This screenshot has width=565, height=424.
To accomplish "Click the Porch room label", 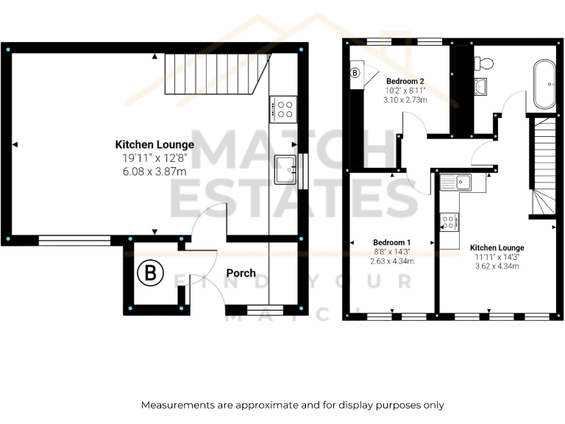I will point(241,272).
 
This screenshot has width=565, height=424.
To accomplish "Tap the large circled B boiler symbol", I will point(150,274).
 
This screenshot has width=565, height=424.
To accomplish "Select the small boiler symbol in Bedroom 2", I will point(355,73).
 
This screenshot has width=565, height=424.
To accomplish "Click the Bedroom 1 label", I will point(392,242).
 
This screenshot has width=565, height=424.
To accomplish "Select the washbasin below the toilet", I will point(481,87).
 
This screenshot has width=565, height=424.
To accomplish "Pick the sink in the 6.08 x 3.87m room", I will point(285,169).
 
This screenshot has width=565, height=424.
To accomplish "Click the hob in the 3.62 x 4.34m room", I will point(449,222).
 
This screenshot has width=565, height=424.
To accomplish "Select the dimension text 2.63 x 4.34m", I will point(392,261).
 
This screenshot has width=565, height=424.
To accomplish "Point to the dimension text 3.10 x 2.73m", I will point(405,99).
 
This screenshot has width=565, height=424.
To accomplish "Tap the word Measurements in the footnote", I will point(180,405).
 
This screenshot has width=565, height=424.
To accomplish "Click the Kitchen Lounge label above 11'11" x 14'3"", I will point(497,248).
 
